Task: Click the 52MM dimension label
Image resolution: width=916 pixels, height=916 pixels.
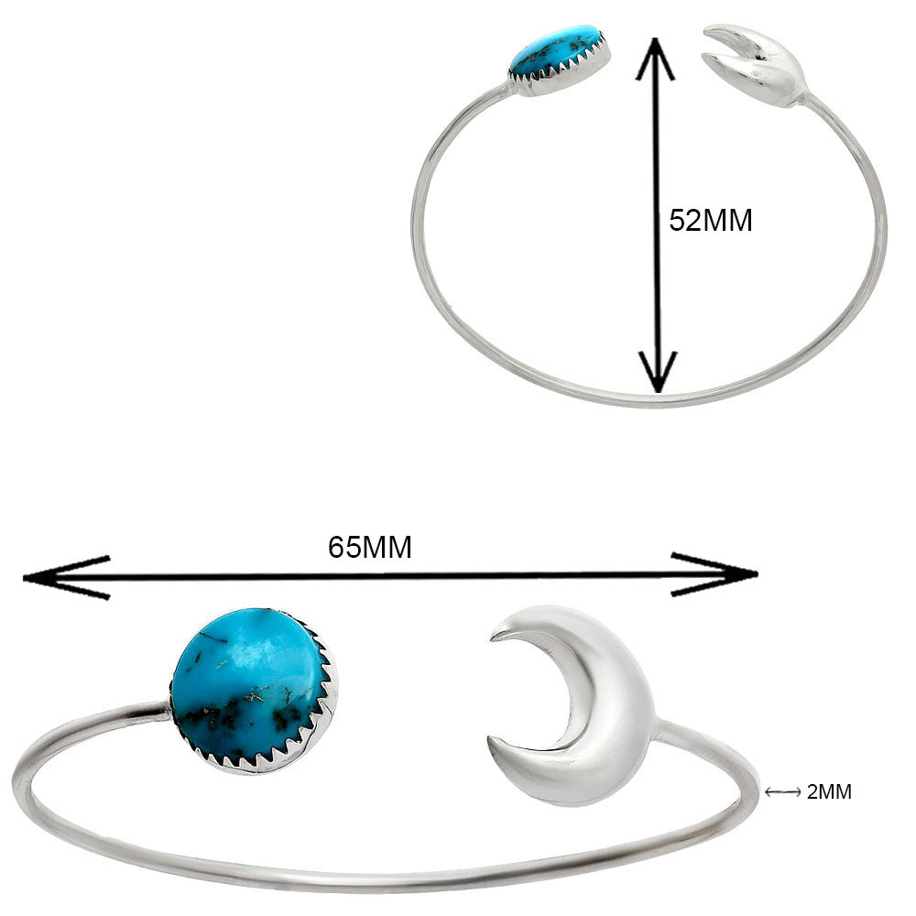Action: click(x=711, y=221)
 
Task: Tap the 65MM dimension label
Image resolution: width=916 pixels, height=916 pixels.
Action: click(x=370, y=548)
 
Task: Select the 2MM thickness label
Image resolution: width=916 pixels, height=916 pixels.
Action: click(x=829, y=792)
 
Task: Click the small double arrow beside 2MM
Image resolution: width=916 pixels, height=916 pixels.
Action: click(x=783, y=792)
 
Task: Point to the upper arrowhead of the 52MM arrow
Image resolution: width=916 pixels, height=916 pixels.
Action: click(x=656, y=59)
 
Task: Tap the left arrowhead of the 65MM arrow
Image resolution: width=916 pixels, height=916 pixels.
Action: click(x=66, y=578)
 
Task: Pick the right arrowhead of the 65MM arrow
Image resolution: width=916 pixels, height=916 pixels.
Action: click(x=714, y=573)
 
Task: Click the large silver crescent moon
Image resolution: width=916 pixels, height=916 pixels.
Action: click(x=572, y=705)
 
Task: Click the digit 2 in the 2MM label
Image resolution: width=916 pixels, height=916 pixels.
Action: click(x=812, y=792)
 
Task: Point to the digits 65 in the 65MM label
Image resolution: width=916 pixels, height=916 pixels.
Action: click(x=343, y=548)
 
